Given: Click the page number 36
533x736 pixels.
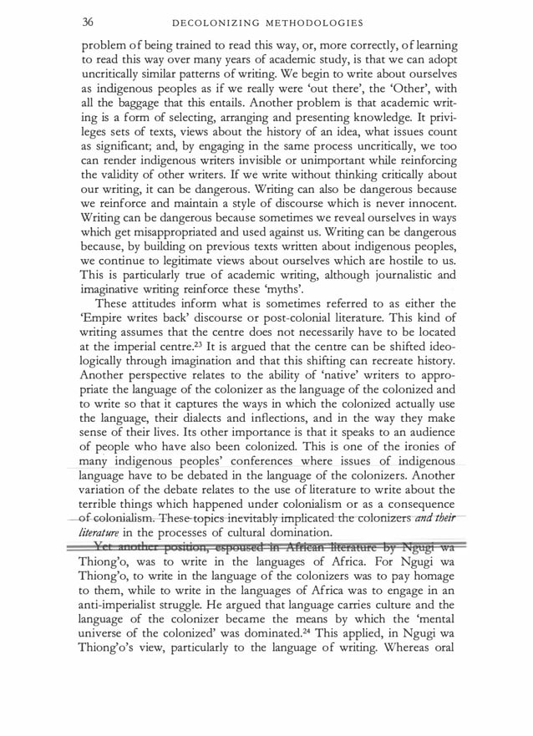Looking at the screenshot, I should coord(88,21).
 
